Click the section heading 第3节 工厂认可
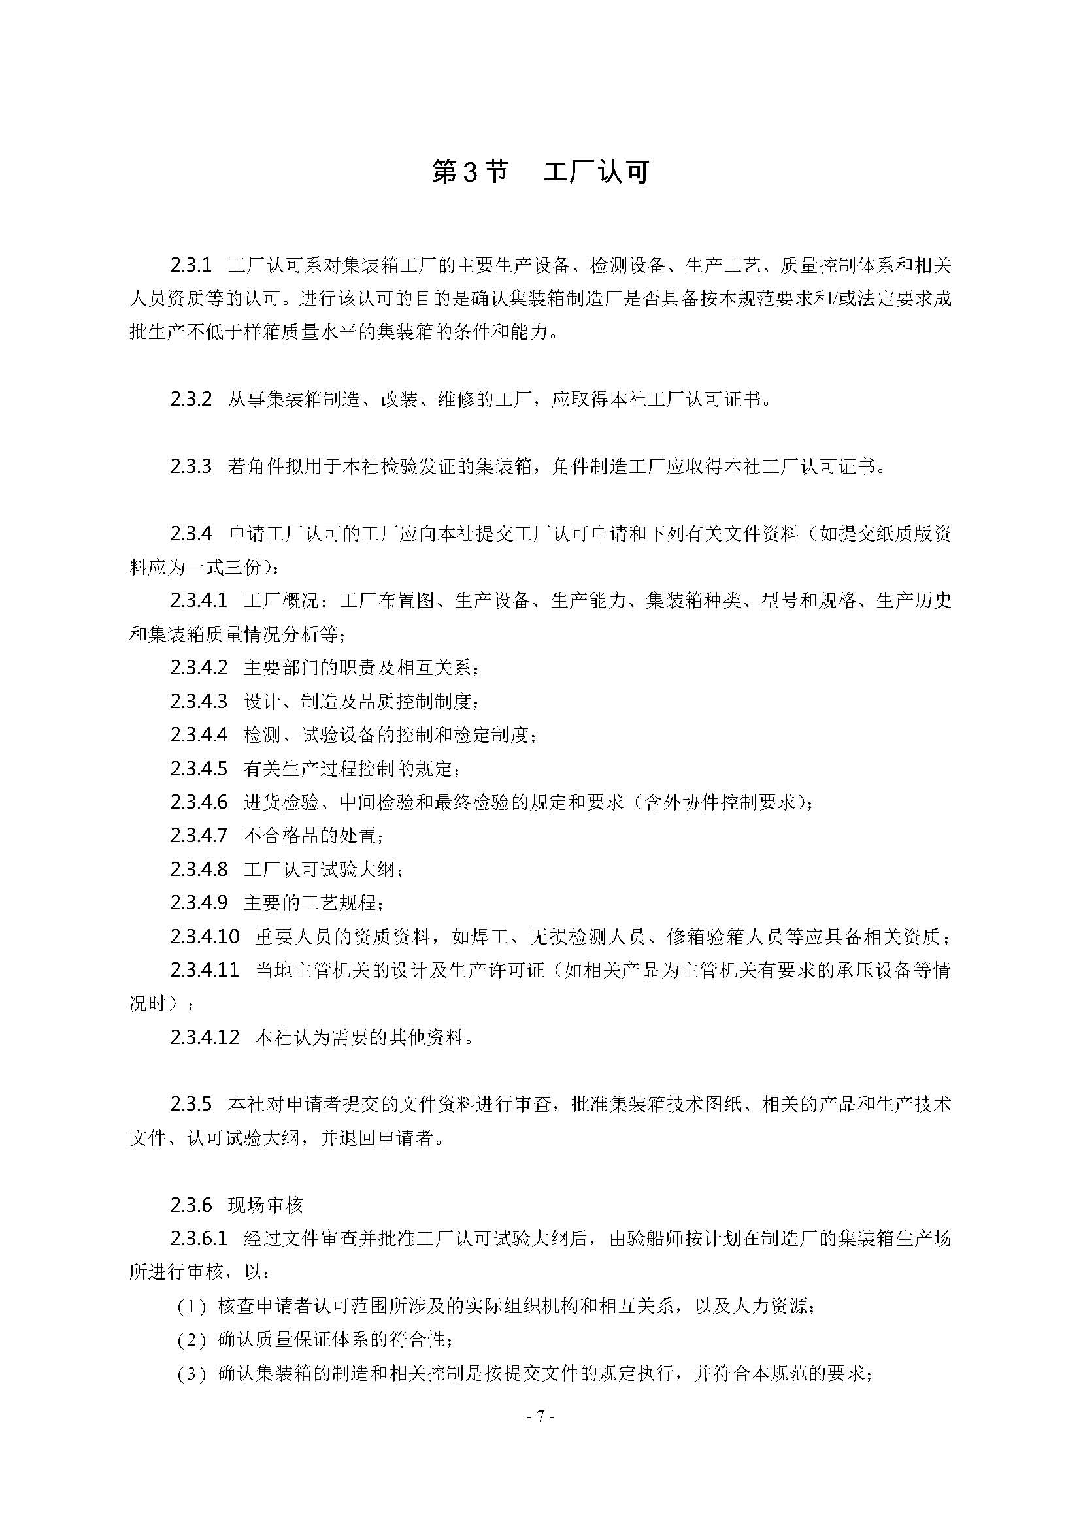[x=540, y=172]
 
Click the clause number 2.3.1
[x=190, y=265]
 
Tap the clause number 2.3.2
[x=190, y=399]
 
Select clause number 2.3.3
[x=190, y=466]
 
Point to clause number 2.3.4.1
[x=199, y=600]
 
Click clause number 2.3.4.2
[x=199, y=668]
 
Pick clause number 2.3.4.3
[x=199, y=701]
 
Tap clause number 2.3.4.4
[x=199, y=735]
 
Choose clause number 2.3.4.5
[x=199, y=769]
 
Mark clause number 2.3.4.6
[x=199, y=802]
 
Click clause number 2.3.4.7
[x=199, y=836]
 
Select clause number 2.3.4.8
[x=199, y=869]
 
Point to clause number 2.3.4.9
[x=199, y=902]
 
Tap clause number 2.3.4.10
[x=205, y=936]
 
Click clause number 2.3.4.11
[x=205, y=969]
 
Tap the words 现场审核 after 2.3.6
[x=265, y=1205]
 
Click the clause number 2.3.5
[x=190, y=1104]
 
